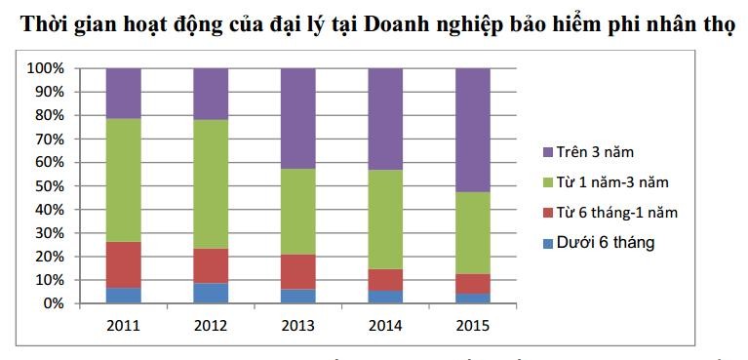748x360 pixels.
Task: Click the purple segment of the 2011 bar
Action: click(x=123, y=94)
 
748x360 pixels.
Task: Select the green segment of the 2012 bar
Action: click(x=211, y=184)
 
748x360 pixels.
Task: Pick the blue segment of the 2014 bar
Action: click(x=386, y=297)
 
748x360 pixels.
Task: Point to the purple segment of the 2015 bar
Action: click(x=473, y=130)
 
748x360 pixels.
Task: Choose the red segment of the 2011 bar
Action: click(x=123, y=264)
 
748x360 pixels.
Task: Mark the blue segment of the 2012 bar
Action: click(x=211, y=293)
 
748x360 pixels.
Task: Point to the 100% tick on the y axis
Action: click(x=45, y=69)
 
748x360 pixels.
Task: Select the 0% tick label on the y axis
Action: click(x=53, y=303)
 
